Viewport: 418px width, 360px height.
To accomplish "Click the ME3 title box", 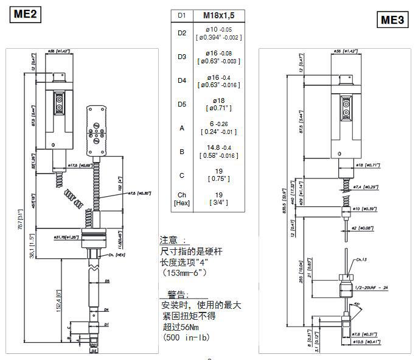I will [392, 19].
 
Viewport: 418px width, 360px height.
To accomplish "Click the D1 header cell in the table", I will [181, 16].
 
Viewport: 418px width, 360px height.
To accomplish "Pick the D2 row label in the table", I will [181, 32].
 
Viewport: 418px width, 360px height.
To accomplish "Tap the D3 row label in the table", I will [181, 57].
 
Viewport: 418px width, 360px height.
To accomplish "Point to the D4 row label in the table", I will [181, 80].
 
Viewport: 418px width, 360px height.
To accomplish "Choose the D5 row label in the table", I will [181, 104].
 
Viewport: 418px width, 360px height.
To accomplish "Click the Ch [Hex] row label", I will [181, 198].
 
